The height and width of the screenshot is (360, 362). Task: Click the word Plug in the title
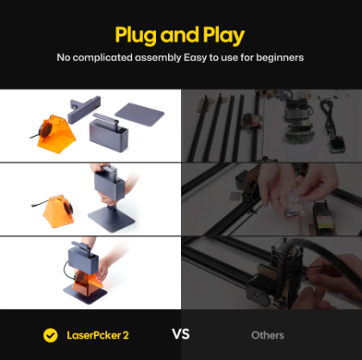coord(136,36)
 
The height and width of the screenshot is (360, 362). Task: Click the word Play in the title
coord(224,36)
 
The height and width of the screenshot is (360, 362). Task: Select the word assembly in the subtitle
coord(158,58)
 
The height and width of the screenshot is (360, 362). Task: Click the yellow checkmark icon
coord(50,335)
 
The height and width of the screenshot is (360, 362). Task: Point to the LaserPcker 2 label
coord(97,335)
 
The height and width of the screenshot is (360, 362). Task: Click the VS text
coord(181,334)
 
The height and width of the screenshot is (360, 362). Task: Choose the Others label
coord(267,335)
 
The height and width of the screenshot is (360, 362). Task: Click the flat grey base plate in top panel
coord(140,114)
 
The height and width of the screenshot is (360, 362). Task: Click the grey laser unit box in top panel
coord(109,134)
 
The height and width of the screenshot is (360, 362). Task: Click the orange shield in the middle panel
coord(59,211)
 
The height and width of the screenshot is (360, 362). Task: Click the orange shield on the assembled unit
coord(87,283)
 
